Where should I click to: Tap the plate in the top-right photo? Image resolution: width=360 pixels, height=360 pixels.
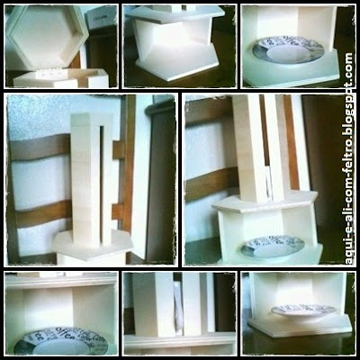[288, 50]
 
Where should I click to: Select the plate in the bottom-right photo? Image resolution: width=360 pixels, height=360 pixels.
[303, 310]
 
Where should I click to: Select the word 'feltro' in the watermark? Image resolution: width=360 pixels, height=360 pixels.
[348, 150]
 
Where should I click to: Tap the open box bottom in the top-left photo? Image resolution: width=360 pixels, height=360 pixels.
[61, 78]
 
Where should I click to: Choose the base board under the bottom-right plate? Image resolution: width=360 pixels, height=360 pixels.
[300, 327]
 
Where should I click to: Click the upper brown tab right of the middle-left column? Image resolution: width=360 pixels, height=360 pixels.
[119, 150]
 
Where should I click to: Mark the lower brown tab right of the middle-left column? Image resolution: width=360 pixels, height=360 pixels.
[118, 211]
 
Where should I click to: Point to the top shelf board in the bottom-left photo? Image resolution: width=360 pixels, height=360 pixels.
[61, 282]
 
